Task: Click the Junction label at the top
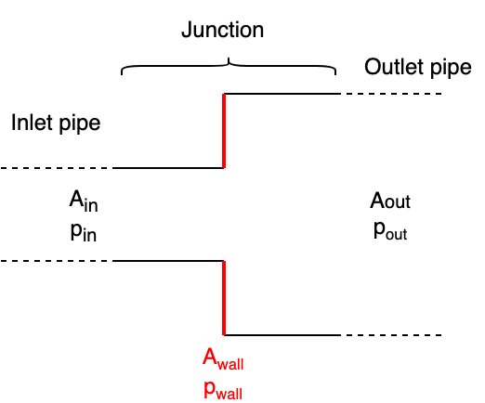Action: pyautogui.click(x=222, y=30)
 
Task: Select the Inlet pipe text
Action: pyautogui.click(x=55, y=123)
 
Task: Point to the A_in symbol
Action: pyautogui.click(x=82, y=201)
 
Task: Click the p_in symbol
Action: pyautogui.click(x=83, y=232)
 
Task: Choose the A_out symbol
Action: pyautogui.click(x=390, y=201)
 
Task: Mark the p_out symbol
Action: pyautogui.click(x=390, y=231)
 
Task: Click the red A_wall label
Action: pyautogui.click(x=223, y=359)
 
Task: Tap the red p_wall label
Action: pyautogui.click(x=223, y=389)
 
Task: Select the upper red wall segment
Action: pyautogui.click(x=224, y=131)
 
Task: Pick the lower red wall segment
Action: pyautogui.click(x=224, y=297)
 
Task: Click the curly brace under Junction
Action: pyautogui.click(x=229, y=67)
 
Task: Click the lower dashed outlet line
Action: pyautogui.click(x=390, y=334)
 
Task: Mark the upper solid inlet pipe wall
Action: pyautogui.click(x=168, y=168)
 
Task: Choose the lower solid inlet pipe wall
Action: pyautogui.click(x=168, y=262)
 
